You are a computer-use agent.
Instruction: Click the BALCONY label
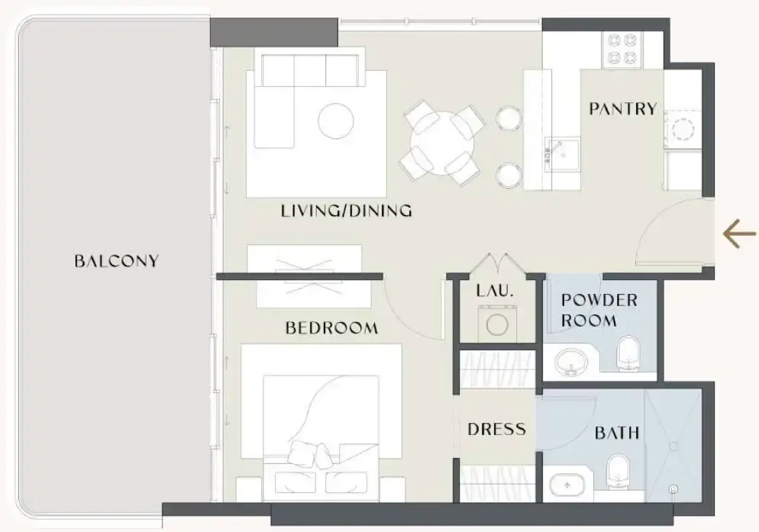pyautogui.click(x=116, y=261)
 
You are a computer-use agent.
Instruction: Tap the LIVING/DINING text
pyautogui.click(x=346, y=211)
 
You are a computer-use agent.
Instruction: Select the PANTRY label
pyautogui.click(x=622, y=108)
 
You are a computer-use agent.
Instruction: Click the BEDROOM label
pyautogui.click(x=331, y=328)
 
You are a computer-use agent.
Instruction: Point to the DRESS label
pyautogui.click(x=496, y=429)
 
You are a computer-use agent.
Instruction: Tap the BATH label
pyautogui.click(x=617, y=434)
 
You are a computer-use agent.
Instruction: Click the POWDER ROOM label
pyautogui.click(x=599, y=310)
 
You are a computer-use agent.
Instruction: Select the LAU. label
pyautogui.click(x=495, y=291)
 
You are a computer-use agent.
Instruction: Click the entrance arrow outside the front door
pyautogui.click(x=739, y=234)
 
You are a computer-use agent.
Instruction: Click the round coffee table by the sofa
pyautogui.click(x=335, y=120)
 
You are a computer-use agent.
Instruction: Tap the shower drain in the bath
pyautogui.click(x=673, y=488)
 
